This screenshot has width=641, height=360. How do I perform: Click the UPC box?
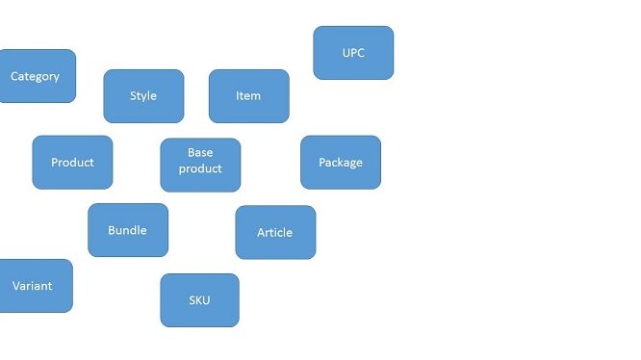[353, 53]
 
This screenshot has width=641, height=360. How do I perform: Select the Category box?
[38, 76]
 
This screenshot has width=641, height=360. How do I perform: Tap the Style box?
[143, 96]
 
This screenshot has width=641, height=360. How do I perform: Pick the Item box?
[249, 96]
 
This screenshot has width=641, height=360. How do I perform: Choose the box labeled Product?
[72, 163]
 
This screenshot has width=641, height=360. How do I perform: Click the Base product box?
[200, 165]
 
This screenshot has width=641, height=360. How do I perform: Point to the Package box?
[341, 163]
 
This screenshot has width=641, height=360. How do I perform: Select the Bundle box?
[128, 230]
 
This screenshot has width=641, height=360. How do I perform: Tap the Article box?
[275, 232]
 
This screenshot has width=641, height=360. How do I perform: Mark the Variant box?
[36, 286]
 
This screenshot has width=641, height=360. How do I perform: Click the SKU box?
[199, 300]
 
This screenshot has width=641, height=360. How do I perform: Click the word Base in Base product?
[200, 152]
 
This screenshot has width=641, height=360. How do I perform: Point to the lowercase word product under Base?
[200, 169]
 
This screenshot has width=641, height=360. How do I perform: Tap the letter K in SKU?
[199, 300]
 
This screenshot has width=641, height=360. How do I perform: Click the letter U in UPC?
[346, 53]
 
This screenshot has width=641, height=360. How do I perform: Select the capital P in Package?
[322, 163]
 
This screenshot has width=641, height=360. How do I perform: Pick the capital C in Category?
[13, 76]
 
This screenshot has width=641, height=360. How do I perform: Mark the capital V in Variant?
[16, 286]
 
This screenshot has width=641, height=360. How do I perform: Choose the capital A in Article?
[261, 233]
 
